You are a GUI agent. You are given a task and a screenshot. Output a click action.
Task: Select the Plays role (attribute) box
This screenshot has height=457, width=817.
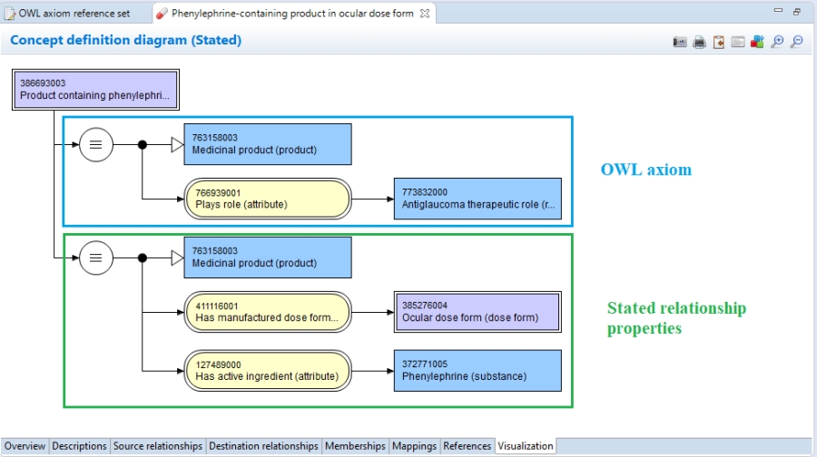click(268, 199)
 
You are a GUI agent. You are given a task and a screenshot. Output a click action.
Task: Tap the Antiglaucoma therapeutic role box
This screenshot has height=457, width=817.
click(477, 199)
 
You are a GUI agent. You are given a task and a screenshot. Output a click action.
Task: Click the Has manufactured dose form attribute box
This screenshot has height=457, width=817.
click(268, 312)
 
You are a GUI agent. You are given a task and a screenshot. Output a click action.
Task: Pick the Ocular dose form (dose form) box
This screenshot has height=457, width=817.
click(477, 312)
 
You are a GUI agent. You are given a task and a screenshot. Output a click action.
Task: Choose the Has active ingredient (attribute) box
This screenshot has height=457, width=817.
click(268, 370)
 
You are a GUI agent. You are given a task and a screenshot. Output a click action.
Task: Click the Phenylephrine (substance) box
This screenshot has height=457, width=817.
click(477, 370)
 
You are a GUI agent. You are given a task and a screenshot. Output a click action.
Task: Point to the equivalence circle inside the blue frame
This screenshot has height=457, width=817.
click(96, 144)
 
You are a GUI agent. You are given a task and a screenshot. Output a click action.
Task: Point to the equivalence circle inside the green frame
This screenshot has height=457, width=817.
click(96, 258)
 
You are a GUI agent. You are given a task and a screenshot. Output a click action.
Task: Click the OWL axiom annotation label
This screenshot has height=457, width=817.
click(645, 170)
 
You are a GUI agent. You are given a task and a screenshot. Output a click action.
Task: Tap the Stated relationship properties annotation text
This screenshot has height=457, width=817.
click(676, 318)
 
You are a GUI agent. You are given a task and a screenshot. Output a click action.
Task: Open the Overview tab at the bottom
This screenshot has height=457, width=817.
click(25, 446)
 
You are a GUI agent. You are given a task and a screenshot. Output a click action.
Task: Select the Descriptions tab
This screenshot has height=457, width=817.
click(79, 446)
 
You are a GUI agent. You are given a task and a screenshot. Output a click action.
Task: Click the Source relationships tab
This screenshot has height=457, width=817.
click(158, 446)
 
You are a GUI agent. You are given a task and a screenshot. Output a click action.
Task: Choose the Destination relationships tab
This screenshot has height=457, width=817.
click(263, 446)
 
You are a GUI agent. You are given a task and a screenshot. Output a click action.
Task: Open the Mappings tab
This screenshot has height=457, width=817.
click(414, 446)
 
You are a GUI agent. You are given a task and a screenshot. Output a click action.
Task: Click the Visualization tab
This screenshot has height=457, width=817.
click(526, 446)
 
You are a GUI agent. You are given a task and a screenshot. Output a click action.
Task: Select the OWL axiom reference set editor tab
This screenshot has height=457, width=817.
click(73, 14)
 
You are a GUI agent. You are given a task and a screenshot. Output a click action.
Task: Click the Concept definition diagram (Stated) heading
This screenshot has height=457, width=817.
click(125, 41)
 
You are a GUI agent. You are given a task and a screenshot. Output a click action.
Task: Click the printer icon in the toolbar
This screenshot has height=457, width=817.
click(699, 42)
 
